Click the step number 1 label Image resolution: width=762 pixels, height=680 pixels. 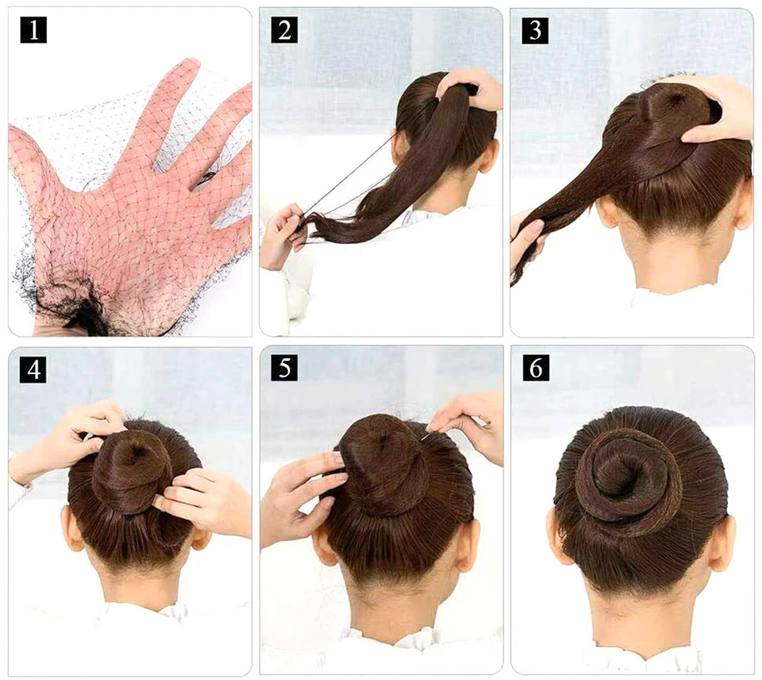pos(33,29)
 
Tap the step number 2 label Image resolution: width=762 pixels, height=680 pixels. pos(283,29)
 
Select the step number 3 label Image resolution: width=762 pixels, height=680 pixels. pos(535,29)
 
